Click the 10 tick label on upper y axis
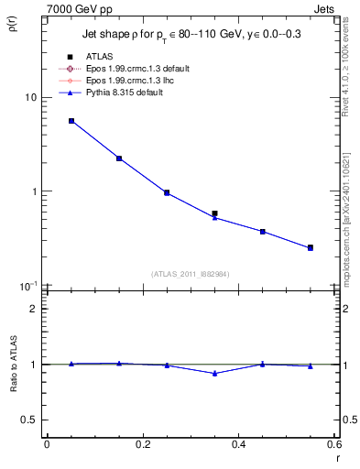pyautogui.click(x=30, y=97)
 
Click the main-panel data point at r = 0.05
pyautogui.click(x=71, y=121)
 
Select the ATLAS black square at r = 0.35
pyautogui.click(x=214, y=213)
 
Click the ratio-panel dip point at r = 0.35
pyautogui.click(x=214, y=373)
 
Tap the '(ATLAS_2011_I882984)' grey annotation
pyautogui.click(x=191, y=274)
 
